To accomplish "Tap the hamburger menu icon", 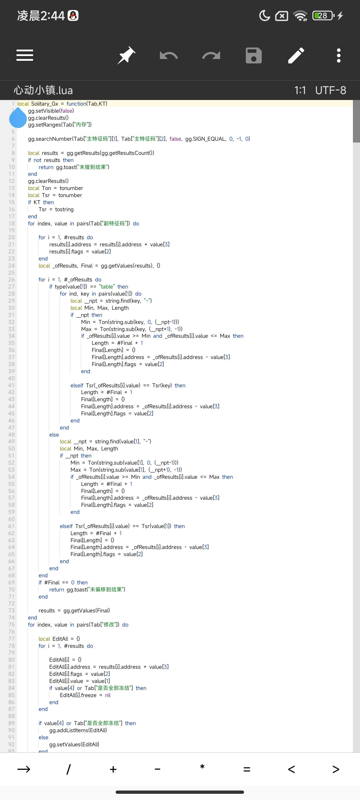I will pos(25,55).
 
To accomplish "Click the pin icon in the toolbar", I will pos(126,55).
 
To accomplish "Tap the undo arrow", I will pos(169,55).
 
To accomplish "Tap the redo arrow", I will pos(211,55).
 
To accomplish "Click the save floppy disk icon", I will pos(253,55).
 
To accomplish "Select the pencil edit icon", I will pos(296,55).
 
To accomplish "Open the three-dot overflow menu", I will pos(338,55).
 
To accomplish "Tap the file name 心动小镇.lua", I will pos(43,90).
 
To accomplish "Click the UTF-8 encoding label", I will pos(330,90).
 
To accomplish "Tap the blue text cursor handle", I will pos(18,118).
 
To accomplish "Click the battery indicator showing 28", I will pos(323,16).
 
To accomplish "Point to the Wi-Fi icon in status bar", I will pos(300,16).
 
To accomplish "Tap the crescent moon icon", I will pos(264,16).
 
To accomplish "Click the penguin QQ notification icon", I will pos(73,16).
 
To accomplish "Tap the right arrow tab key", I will pos(24,769).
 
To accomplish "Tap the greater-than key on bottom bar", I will pos(336,769).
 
